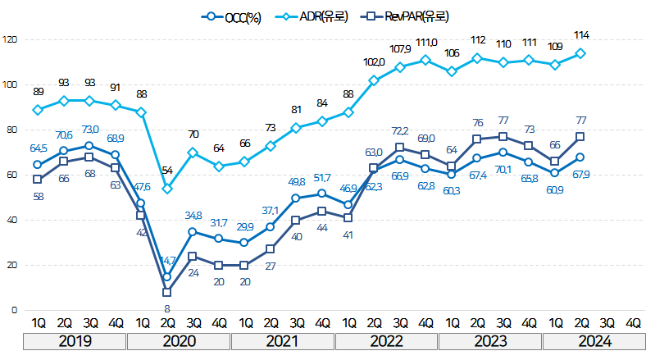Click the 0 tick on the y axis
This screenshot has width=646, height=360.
[x=14, y=310]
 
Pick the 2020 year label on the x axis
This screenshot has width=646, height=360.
[x=180, y=340]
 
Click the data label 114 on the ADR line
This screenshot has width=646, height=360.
[x=583, y=35]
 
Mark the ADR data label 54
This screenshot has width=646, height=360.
[x=166, y=171]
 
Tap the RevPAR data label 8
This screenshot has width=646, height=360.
[x=167, y=309]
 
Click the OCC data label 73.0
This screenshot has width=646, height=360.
[x=89, y=130]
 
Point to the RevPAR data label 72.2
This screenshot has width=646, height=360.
[x=399, y=130]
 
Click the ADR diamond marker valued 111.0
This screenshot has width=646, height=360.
[x=425, y=60]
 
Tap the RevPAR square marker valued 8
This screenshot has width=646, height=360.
[x=167, y=292]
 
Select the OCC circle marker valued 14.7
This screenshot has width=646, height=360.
[x=167, y=277]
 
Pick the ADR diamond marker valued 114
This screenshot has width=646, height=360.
[x=580, y=53]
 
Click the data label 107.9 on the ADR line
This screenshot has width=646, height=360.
[x=399, y=48]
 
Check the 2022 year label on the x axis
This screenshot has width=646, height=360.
[x=386, y=340]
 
